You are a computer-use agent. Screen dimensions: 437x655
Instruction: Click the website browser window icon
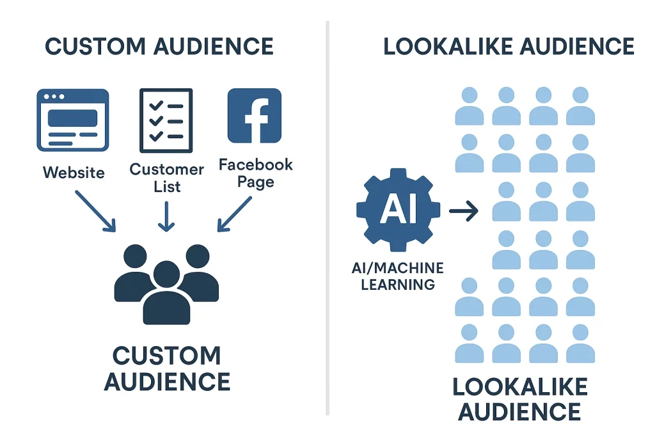tap(72, 120)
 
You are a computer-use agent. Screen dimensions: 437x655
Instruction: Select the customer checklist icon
tap(166, 120)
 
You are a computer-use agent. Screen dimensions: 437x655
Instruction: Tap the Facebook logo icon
tap(254, 115)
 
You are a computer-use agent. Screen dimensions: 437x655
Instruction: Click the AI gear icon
tap(398, 211)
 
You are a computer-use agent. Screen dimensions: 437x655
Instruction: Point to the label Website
tap(74, 173)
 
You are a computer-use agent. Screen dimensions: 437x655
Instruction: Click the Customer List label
tap(166, 178)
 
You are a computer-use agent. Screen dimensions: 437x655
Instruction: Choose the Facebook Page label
tap(256, 173)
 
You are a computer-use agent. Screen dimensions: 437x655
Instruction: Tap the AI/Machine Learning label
tap(398, 276)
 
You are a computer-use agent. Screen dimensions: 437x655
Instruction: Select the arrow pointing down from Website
tap(97, 211)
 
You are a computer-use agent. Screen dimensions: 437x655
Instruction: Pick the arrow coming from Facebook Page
tap(235, 212)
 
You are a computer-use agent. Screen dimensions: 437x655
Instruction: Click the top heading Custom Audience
tap(159, 47)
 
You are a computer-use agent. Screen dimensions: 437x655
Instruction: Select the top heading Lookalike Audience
tap(509, 47)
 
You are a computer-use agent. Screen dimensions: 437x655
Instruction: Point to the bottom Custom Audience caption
tap(166, 369)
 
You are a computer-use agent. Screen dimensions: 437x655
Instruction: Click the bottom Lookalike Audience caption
tap(519, 399)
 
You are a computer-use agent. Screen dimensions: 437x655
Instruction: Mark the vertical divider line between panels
tap(327, 218)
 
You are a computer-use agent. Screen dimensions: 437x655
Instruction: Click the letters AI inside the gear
tap(398, 211)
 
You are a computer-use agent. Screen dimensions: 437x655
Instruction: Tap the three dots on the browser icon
tap(53, 97)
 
